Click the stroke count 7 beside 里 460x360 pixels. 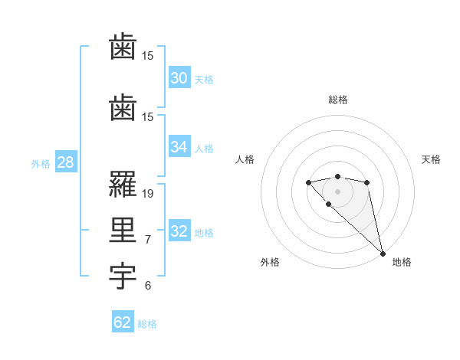tap(148, 240)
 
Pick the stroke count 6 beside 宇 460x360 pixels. tap(148, 286)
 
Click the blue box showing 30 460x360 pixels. tap(179, 77)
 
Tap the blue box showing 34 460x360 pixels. tap(179, 147)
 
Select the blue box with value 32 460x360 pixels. tap(179, 231)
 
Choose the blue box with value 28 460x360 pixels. tap(65, 162)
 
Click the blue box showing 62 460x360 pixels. tap(123, 322)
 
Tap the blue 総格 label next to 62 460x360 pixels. tap(147, 324)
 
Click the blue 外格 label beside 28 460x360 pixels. tap(41, 164)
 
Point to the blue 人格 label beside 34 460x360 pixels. tap(204, 149)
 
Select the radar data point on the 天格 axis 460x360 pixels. tap(367, 182)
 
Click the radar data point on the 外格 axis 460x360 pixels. tap(328, 204)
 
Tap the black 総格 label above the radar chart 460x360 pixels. tap(337, 100)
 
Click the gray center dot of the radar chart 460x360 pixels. tap(337, 191)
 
